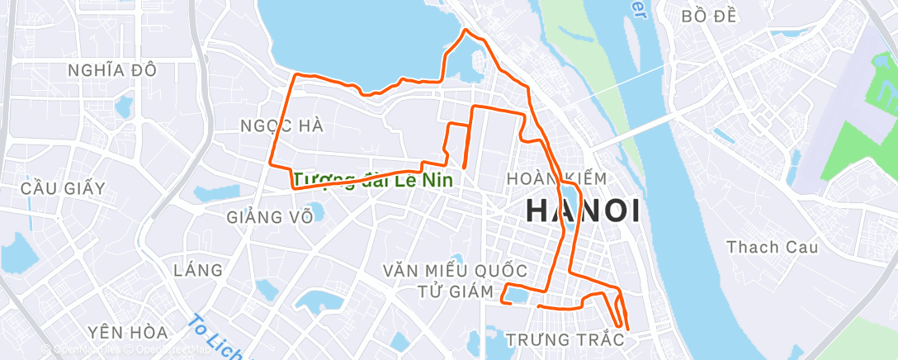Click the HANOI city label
coord(583,211)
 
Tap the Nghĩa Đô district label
coord(113,70)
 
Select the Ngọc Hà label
coord(281,126)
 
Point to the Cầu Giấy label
coord(64,188)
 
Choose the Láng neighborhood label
coord(198,270)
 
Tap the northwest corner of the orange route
coord(296,75)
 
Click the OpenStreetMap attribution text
coord(157,350)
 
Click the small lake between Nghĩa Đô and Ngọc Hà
coord(124,106)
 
